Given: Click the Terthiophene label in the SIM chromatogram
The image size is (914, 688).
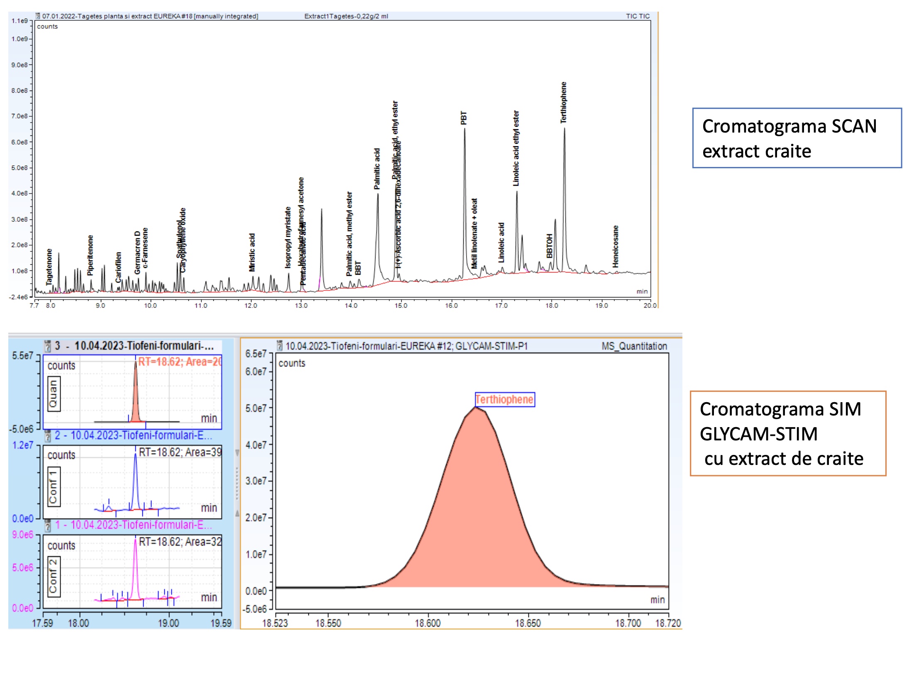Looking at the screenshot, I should [504, 399].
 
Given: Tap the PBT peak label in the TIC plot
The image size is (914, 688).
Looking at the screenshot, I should [464, 118].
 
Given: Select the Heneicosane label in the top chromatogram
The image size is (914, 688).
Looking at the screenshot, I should [615, 246].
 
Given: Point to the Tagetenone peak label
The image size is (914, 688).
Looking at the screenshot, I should [49, 267].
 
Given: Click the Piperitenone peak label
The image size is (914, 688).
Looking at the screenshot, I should [90, 255].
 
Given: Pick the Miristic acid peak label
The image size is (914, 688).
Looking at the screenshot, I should [252, 252].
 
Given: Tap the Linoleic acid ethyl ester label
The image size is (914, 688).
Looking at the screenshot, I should [516, 148].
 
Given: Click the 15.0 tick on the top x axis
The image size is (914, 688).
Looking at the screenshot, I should [401, 305].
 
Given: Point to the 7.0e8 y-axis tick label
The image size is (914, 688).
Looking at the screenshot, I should [20, 116].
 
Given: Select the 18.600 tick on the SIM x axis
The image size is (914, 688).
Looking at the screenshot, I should [428, 623].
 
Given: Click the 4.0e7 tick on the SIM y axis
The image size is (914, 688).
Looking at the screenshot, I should [256, 445].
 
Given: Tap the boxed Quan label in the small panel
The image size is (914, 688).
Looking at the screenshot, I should [54, 394].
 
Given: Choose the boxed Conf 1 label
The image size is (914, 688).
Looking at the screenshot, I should [54, 486].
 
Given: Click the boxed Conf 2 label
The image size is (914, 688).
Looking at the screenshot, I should [54, 577].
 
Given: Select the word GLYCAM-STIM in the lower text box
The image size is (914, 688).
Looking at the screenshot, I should [758, 434].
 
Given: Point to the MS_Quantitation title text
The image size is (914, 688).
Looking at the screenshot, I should [634, 346].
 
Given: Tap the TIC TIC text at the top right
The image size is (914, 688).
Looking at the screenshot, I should [638, 16].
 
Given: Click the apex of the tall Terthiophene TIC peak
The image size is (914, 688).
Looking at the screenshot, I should [564, 128].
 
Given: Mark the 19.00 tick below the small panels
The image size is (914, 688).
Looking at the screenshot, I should [168, 623].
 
